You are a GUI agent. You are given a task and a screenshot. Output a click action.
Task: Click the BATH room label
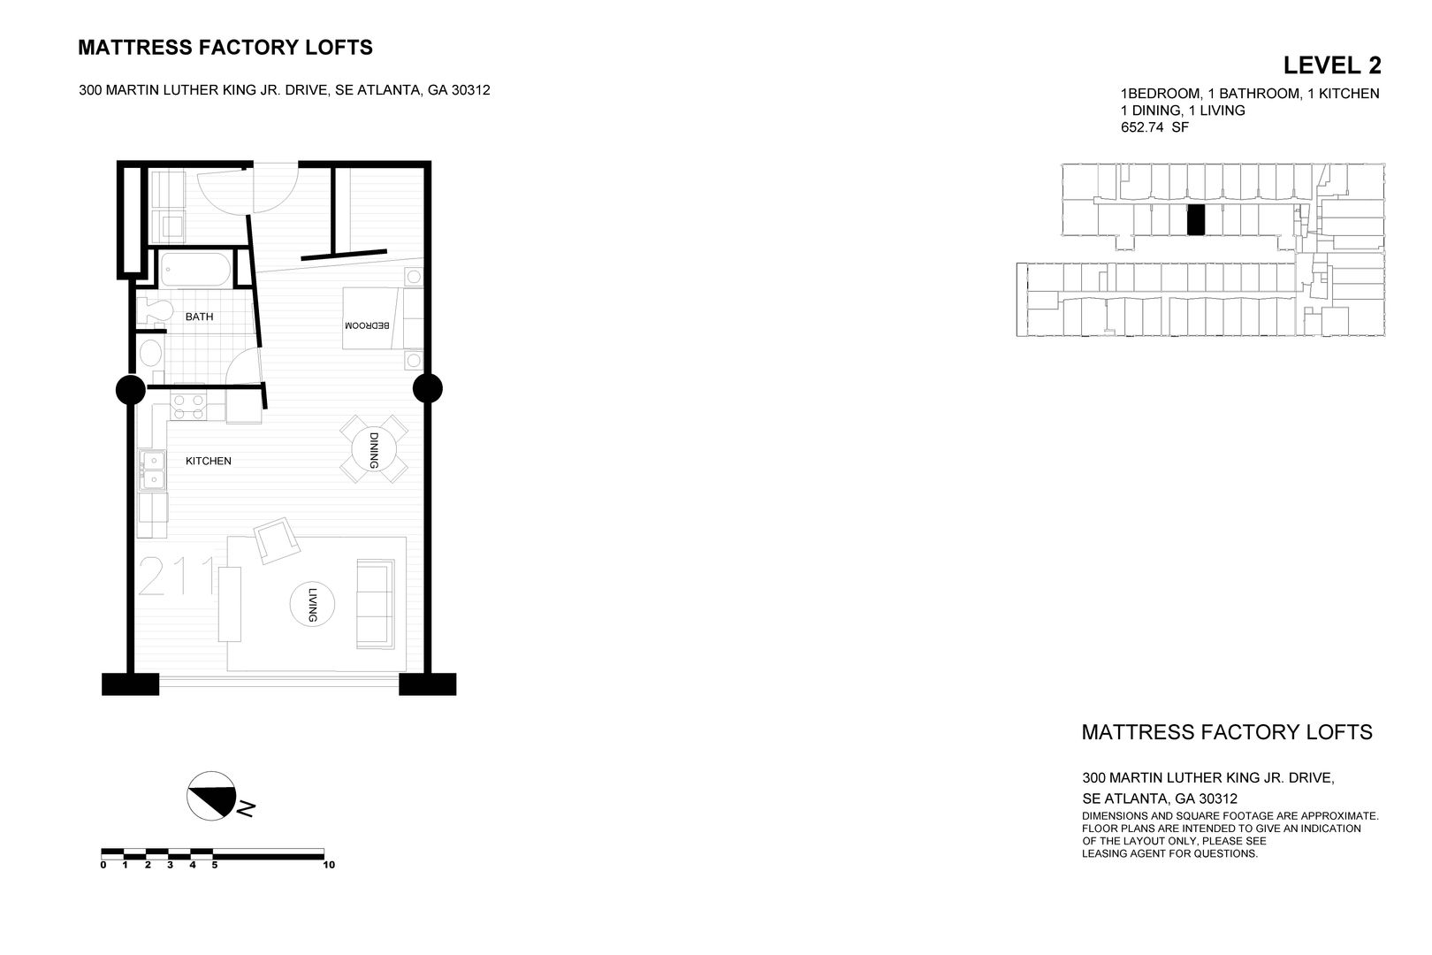[199, 317]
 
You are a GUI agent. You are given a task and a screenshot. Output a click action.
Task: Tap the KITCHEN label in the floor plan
[208, 461]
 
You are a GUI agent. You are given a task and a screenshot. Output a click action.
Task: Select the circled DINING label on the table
[373, 450]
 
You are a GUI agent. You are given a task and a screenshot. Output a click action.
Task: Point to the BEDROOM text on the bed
[367, 325]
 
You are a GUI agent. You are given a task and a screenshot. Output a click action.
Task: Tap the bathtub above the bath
[195, 269]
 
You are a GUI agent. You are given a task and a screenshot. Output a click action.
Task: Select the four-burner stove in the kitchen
[187, 406]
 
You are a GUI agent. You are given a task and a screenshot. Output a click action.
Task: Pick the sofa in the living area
[376, 602]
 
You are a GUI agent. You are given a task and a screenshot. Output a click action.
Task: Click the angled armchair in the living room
[276, 540]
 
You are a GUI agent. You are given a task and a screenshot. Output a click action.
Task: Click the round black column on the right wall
[428, 388]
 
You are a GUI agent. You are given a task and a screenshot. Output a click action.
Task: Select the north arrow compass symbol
[213, 794]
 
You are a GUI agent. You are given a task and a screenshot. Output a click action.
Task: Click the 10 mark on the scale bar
[329, 865]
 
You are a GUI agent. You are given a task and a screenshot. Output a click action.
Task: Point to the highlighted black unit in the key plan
[1195, 219]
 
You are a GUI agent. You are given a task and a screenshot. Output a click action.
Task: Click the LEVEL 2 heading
[1331, 65]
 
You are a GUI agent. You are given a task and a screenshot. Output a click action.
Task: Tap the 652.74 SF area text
[1154, 127]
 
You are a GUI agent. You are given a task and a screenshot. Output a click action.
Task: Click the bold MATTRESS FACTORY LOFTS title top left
[225, 48]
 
